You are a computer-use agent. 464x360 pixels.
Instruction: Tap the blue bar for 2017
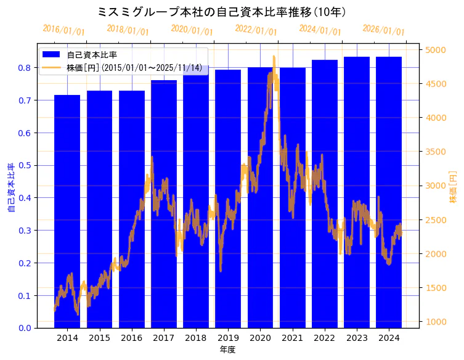pos(164,204)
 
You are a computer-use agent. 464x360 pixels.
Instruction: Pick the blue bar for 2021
pos(292,198)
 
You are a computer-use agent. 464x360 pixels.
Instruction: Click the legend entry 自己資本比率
pos(92,55)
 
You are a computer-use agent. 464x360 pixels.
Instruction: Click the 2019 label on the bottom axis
pos(228,338)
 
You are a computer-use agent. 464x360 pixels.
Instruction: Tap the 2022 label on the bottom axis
pos(324,338)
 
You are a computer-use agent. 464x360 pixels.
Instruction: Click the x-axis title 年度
pos(228,350)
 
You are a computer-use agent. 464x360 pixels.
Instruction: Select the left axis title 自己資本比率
pos(10,188)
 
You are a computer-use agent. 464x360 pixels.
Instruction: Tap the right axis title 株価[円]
pos(454,188)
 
